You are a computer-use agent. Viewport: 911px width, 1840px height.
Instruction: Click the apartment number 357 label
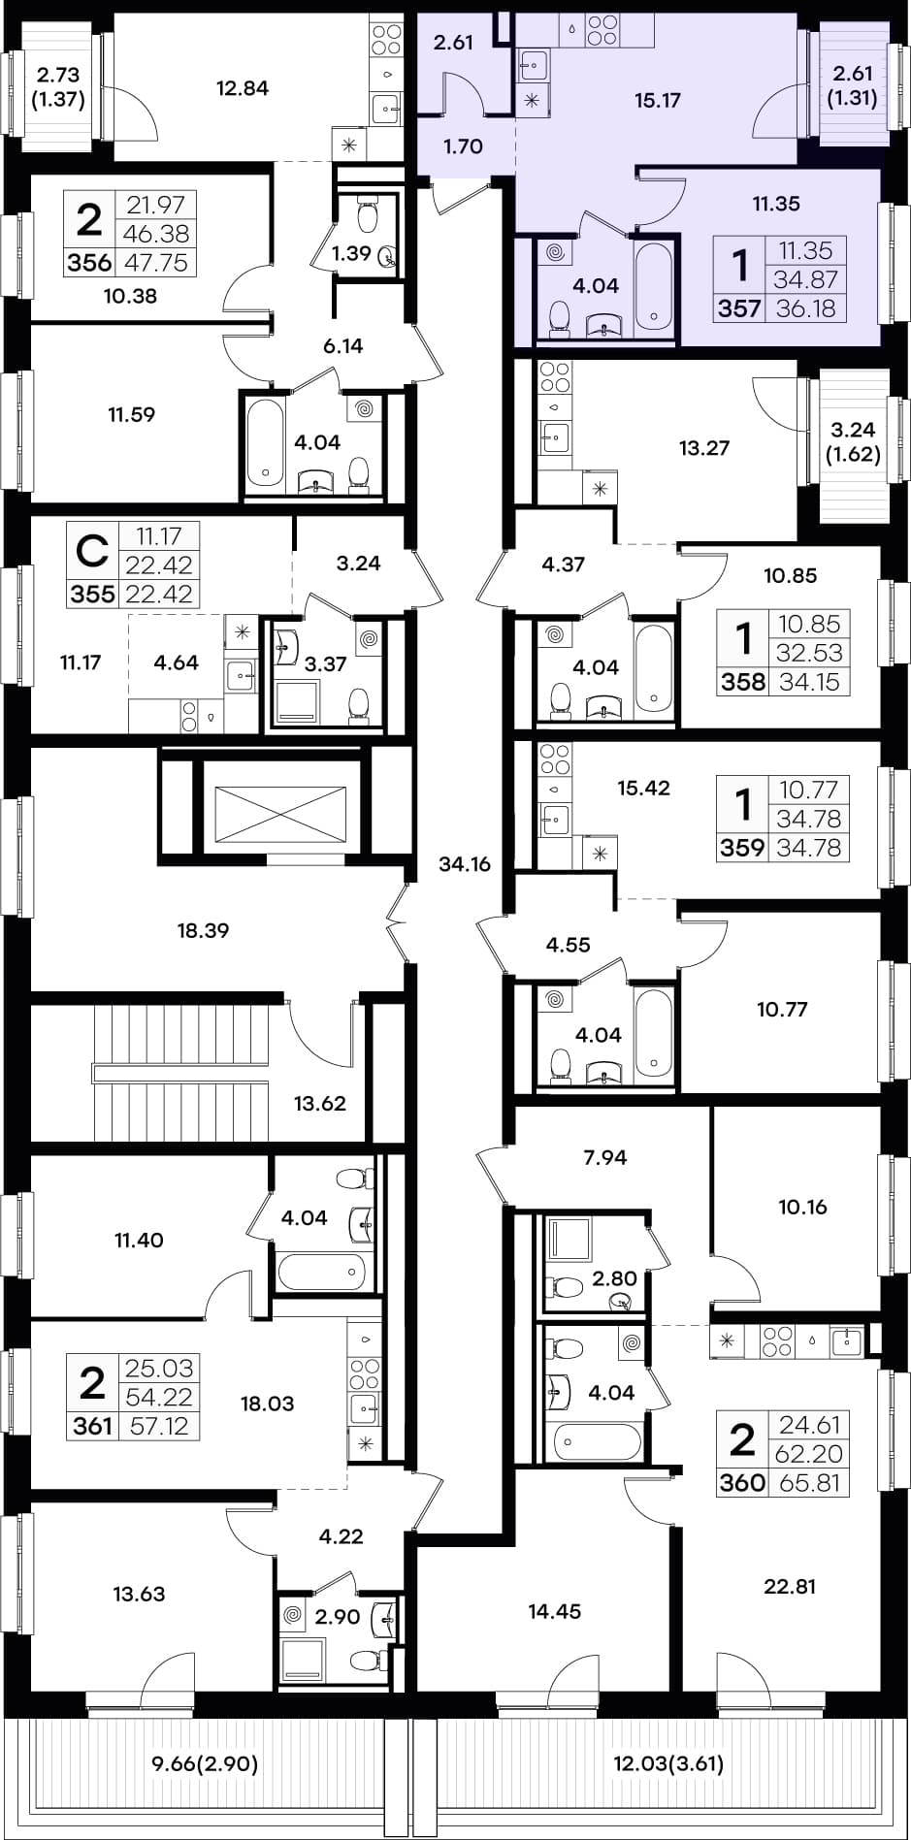coord(738,308)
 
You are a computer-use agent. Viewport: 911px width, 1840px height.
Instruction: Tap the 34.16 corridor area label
coord(465,864)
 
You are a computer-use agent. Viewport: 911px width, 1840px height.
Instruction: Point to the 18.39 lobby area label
coord(203,930)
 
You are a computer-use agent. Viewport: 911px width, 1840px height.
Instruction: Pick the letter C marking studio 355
coord(92,551)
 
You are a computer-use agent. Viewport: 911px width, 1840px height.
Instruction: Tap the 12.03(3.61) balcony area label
coord(668,1763)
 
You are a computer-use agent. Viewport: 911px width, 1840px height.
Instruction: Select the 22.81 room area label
coord(790,1587)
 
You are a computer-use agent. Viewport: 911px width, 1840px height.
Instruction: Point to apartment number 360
coord(742,1483)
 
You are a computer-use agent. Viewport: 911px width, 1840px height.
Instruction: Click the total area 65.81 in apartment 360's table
coord(810,1483)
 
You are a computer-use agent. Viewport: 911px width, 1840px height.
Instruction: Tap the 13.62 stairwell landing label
coord(319,1103)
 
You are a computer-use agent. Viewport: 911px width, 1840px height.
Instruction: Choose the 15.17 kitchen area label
coord(657,100)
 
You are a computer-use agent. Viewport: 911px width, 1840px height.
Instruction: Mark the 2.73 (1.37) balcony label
coord(57,86)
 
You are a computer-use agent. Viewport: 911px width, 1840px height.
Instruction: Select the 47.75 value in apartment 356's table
coord(157,263)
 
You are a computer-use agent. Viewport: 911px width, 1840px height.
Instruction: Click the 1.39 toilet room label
coord(351,254)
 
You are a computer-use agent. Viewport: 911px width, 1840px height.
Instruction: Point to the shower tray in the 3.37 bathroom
coord(297,701)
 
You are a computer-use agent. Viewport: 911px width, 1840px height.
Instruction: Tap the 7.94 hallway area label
coord(605,1156)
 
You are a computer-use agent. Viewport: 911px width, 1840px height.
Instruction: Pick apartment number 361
coord(92,1426)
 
